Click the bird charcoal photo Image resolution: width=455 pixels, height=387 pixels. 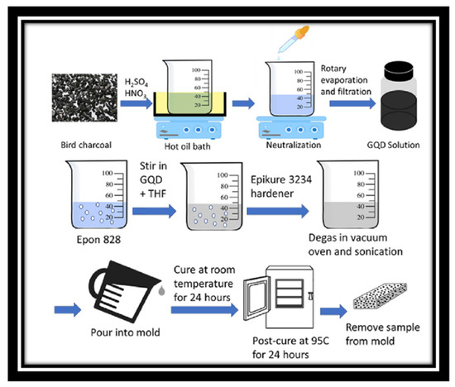tap(84, 98)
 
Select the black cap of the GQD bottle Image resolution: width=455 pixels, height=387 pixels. tap(399, 70)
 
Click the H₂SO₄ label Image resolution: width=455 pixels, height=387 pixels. tap(136, 83)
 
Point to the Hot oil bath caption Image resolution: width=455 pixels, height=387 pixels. tap(187, 146)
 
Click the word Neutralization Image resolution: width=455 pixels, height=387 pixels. tap(294, 145)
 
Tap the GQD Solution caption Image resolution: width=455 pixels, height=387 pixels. tap(393, 145)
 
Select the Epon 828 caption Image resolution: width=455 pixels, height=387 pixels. tap(98, 240)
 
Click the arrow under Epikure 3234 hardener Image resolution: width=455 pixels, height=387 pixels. tap(278, 211)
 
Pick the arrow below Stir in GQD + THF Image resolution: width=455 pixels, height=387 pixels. tap(155, 211)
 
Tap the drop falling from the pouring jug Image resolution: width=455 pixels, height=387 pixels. tap(161, 290)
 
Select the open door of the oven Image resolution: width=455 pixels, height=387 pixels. tap(256, 299)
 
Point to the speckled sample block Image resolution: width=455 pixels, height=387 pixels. tap(380, 296)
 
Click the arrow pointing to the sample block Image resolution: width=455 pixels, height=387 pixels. tap(333, 311)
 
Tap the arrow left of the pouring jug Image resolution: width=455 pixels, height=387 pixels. tap(68, 310)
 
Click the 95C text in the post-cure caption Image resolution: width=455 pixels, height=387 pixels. tap(319, 341)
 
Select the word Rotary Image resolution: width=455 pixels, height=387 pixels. tap(333, 69)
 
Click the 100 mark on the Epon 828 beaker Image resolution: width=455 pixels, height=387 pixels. tap(107, 173)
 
